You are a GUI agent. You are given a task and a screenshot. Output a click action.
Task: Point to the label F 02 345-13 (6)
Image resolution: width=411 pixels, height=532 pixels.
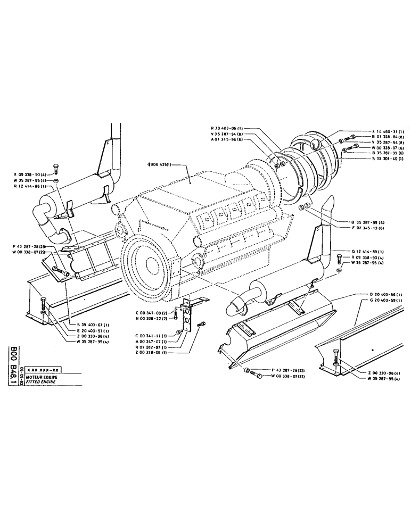pyautogui.click(x=367, y=228)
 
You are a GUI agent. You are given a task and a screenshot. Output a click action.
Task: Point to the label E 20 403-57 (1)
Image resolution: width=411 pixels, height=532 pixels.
pyautogui.click(x=92, y=331)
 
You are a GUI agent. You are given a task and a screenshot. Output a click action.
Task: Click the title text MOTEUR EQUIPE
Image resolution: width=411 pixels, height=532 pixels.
pyautogui.click(x=46, y=376)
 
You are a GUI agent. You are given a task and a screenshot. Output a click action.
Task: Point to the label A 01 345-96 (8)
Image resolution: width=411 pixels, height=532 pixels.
pyautogui.click(x=227, y=139)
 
